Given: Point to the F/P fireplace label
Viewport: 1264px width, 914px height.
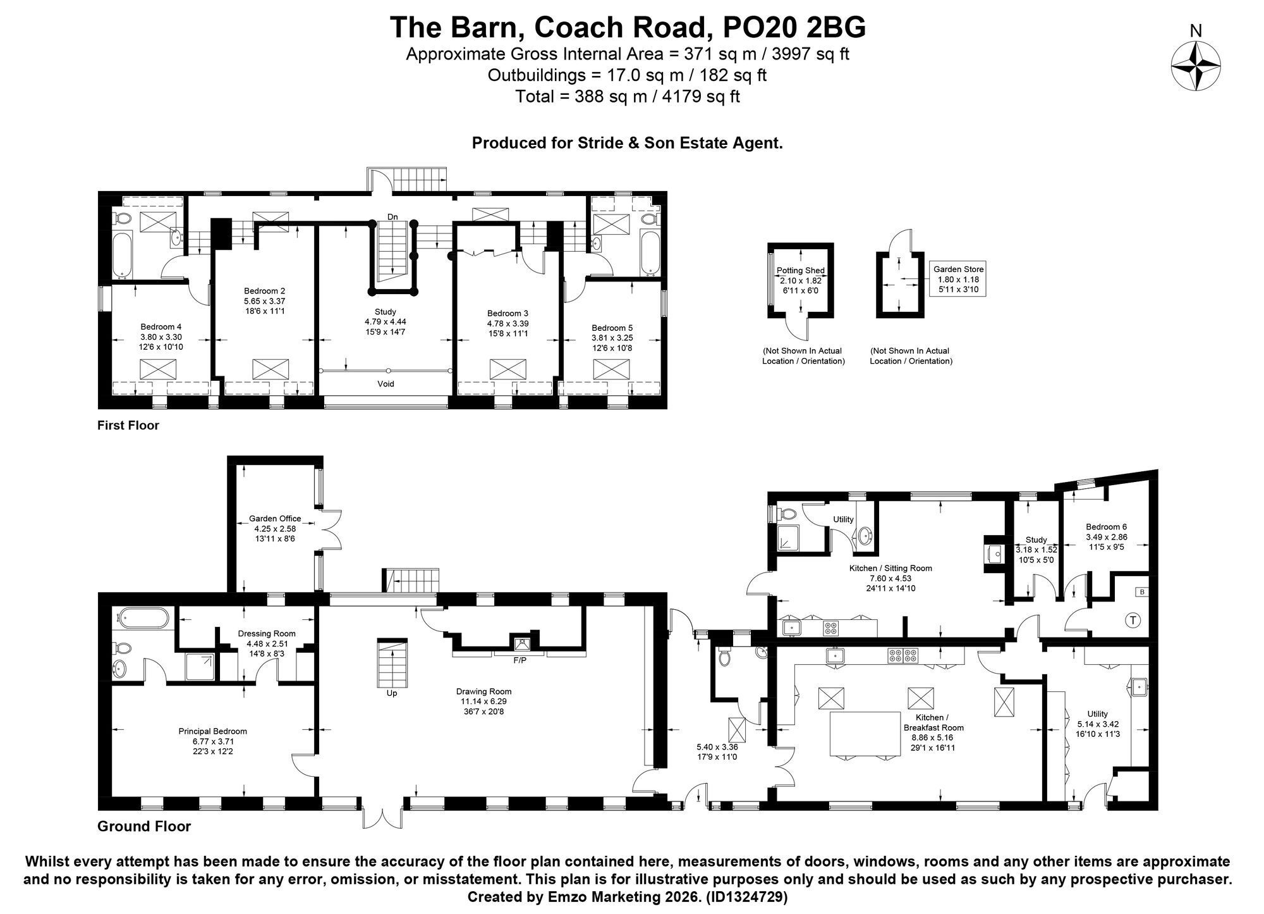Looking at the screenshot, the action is coord(520,660).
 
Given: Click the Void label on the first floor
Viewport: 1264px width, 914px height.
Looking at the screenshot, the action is coord(386,384).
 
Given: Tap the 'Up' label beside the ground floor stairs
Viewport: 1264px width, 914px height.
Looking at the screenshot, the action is coord(392,693).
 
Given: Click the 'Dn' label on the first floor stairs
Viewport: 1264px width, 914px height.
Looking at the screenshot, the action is coord(393,217).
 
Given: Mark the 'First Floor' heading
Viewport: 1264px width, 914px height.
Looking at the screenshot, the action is coord(128,425).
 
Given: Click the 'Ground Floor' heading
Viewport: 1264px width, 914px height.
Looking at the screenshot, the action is coord(144,826).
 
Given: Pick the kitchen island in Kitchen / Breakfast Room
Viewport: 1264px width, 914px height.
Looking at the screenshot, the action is coord(865,734).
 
